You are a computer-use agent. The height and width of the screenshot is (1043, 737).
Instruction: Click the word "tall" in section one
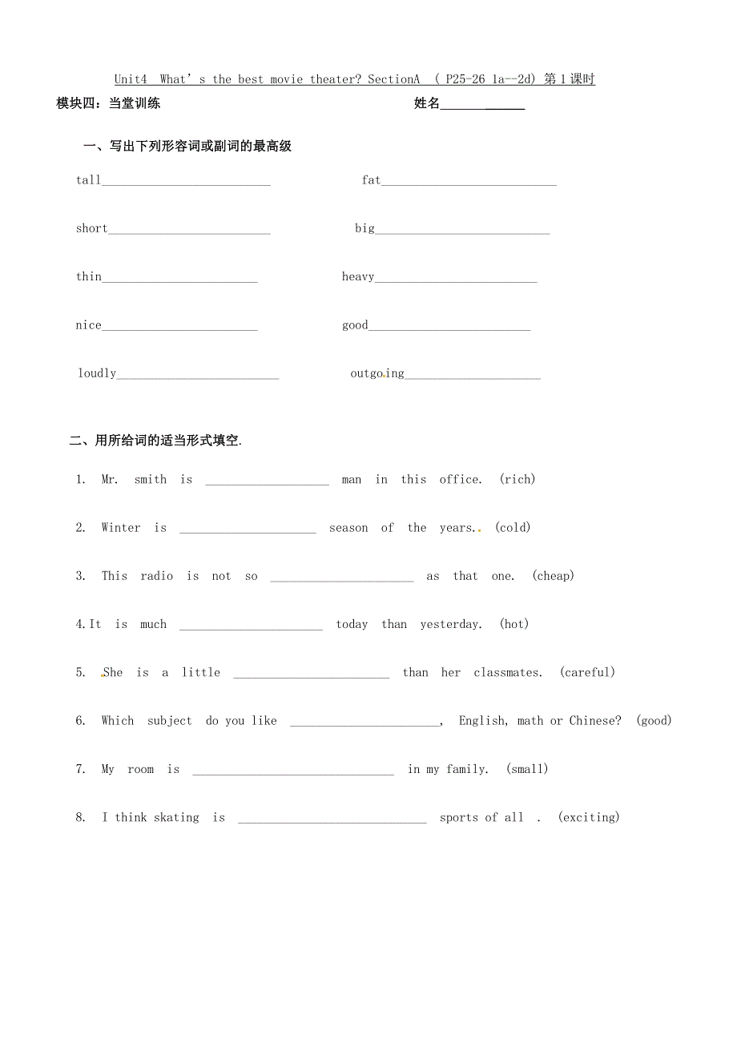(88, 180)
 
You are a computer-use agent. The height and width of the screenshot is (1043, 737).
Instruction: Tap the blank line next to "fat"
(469, 183)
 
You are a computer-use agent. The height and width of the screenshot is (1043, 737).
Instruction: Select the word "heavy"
(358, 277)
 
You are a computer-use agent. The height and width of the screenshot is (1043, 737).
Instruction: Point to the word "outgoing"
(377, 373)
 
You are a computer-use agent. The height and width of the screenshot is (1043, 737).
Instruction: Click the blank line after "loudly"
(198, 377)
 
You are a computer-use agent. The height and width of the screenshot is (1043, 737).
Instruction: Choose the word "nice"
(89, 325)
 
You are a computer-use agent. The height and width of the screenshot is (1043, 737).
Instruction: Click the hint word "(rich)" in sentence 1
(518, 479)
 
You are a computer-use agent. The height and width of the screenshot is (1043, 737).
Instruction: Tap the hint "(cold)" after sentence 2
(513, 527)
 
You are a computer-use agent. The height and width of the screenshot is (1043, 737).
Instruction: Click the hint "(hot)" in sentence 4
(514, 624)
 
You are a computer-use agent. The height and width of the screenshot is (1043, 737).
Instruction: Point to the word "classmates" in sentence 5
(507, 673)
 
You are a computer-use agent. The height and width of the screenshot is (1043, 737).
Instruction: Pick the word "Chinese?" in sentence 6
(595, 721)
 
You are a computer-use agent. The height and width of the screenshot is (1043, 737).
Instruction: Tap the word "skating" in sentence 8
(176, 818)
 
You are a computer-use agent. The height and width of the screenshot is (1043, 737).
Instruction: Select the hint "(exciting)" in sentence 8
(589, 818)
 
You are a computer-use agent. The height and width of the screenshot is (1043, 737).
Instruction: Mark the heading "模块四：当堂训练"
(109, 103)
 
